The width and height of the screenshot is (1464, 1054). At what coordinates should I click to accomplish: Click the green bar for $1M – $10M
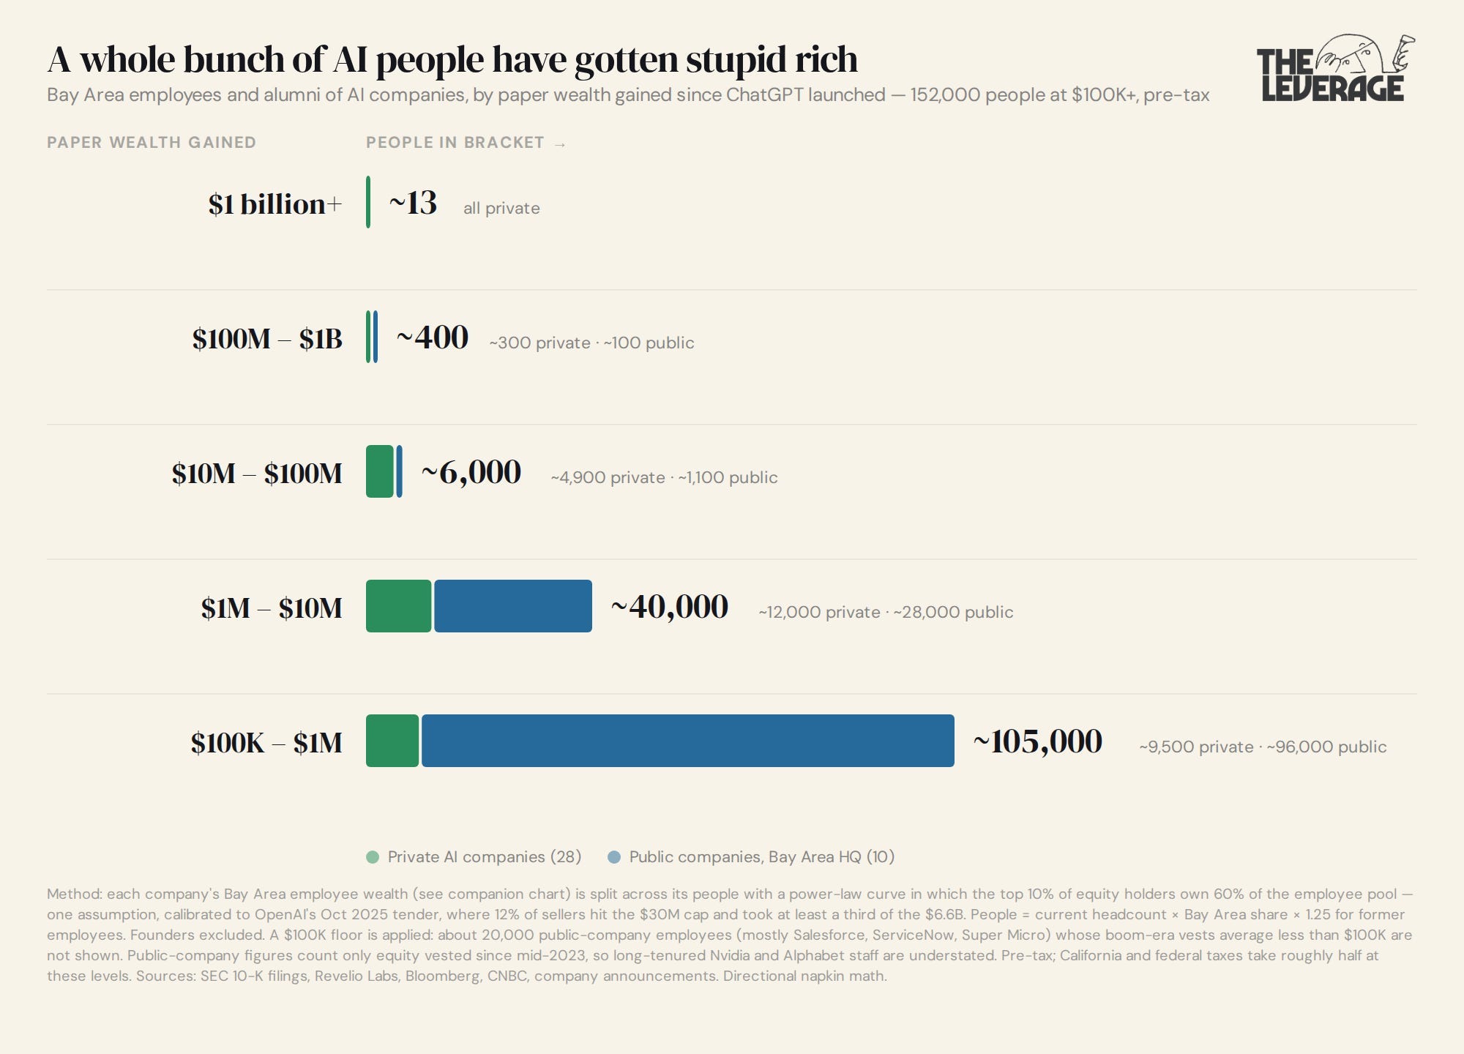pyautogui.click(x=398, y=606)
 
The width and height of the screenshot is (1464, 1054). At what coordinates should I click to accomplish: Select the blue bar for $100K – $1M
pyautogui.click(x=688, y=741)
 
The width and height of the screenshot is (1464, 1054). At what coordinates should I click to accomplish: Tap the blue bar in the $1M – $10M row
pyautogui.click(x=513, y=606)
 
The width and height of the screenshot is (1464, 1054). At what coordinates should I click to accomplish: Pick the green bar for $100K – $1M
pyautogui.click(x=392, y=741)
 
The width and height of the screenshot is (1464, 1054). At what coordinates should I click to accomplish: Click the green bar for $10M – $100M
pyautogui.click(x=380, y=471)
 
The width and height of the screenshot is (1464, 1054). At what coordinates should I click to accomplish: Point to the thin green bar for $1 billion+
pyautogui.click(x=368, y=202)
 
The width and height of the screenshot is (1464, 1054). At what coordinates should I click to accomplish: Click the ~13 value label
pyautogui.click(x=413, y=203)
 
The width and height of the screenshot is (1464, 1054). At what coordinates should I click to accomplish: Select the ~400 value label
pyautogui.click(x=432, y=337)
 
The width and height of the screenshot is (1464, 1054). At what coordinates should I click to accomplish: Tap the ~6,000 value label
pyautogui.click(x=471, y=473)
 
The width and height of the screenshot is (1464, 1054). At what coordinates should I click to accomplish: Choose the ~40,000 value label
pyautogui.click(x=670, y=608)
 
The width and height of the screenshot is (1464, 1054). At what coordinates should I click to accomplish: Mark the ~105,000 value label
pyautogui.click(x=1037, y=742)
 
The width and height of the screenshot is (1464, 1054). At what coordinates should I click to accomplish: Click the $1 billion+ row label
pyautogui.click(x=275, y=204)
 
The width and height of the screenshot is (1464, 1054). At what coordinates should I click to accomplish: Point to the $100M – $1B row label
pyautogui.click(x=267, y=339)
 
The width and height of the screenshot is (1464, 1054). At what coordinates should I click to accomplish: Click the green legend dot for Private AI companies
pyautogui.click(x=373, y=857)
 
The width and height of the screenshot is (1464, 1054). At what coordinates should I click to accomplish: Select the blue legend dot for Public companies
pyautogui.click(x=614, y=857)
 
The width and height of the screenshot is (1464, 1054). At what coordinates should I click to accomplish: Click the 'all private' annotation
pyautogui.click(x=501, y=208)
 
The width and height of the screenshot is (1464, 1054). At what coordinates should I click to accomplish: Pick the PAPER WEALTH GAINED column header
pyautogui.click(x=152, y=143)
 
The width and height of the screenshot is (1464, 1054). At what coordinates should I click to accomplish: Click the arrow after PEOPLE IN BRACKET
pyautogui.click(x=560, y=144)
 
